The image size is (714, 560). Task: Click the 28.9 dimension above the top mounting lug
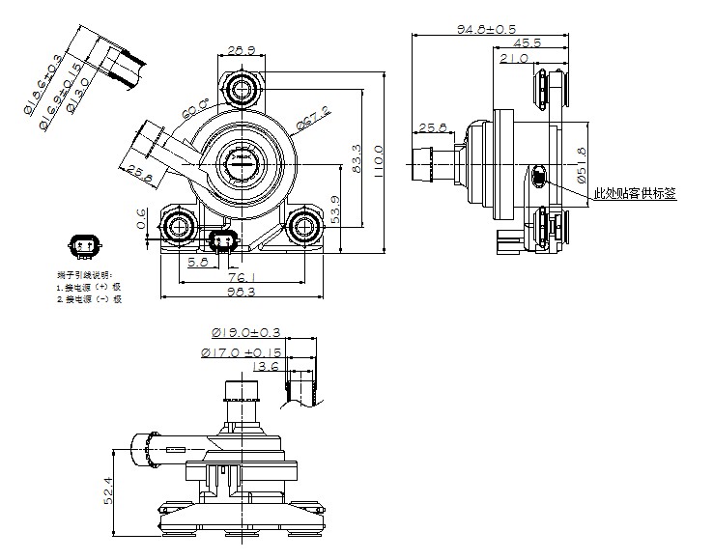[241, 48]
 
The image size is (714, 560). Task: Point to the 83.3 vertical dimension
[357, 157]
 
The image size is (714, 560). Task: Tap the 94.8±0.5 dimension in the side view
[485, 28]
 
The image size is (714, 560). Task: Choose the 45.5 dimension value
[527, 42]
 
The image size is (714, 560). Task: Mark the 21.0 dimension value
[514, 58]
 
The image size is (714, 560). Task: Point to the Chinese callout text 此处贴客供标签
[635, 193]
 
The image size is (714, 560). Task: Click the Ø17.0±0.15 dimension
[243, 352]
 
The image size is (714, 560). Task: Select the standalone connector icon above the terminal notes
[83, 246]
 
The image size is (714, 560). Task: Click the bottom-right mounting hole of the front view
[306, 228]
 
